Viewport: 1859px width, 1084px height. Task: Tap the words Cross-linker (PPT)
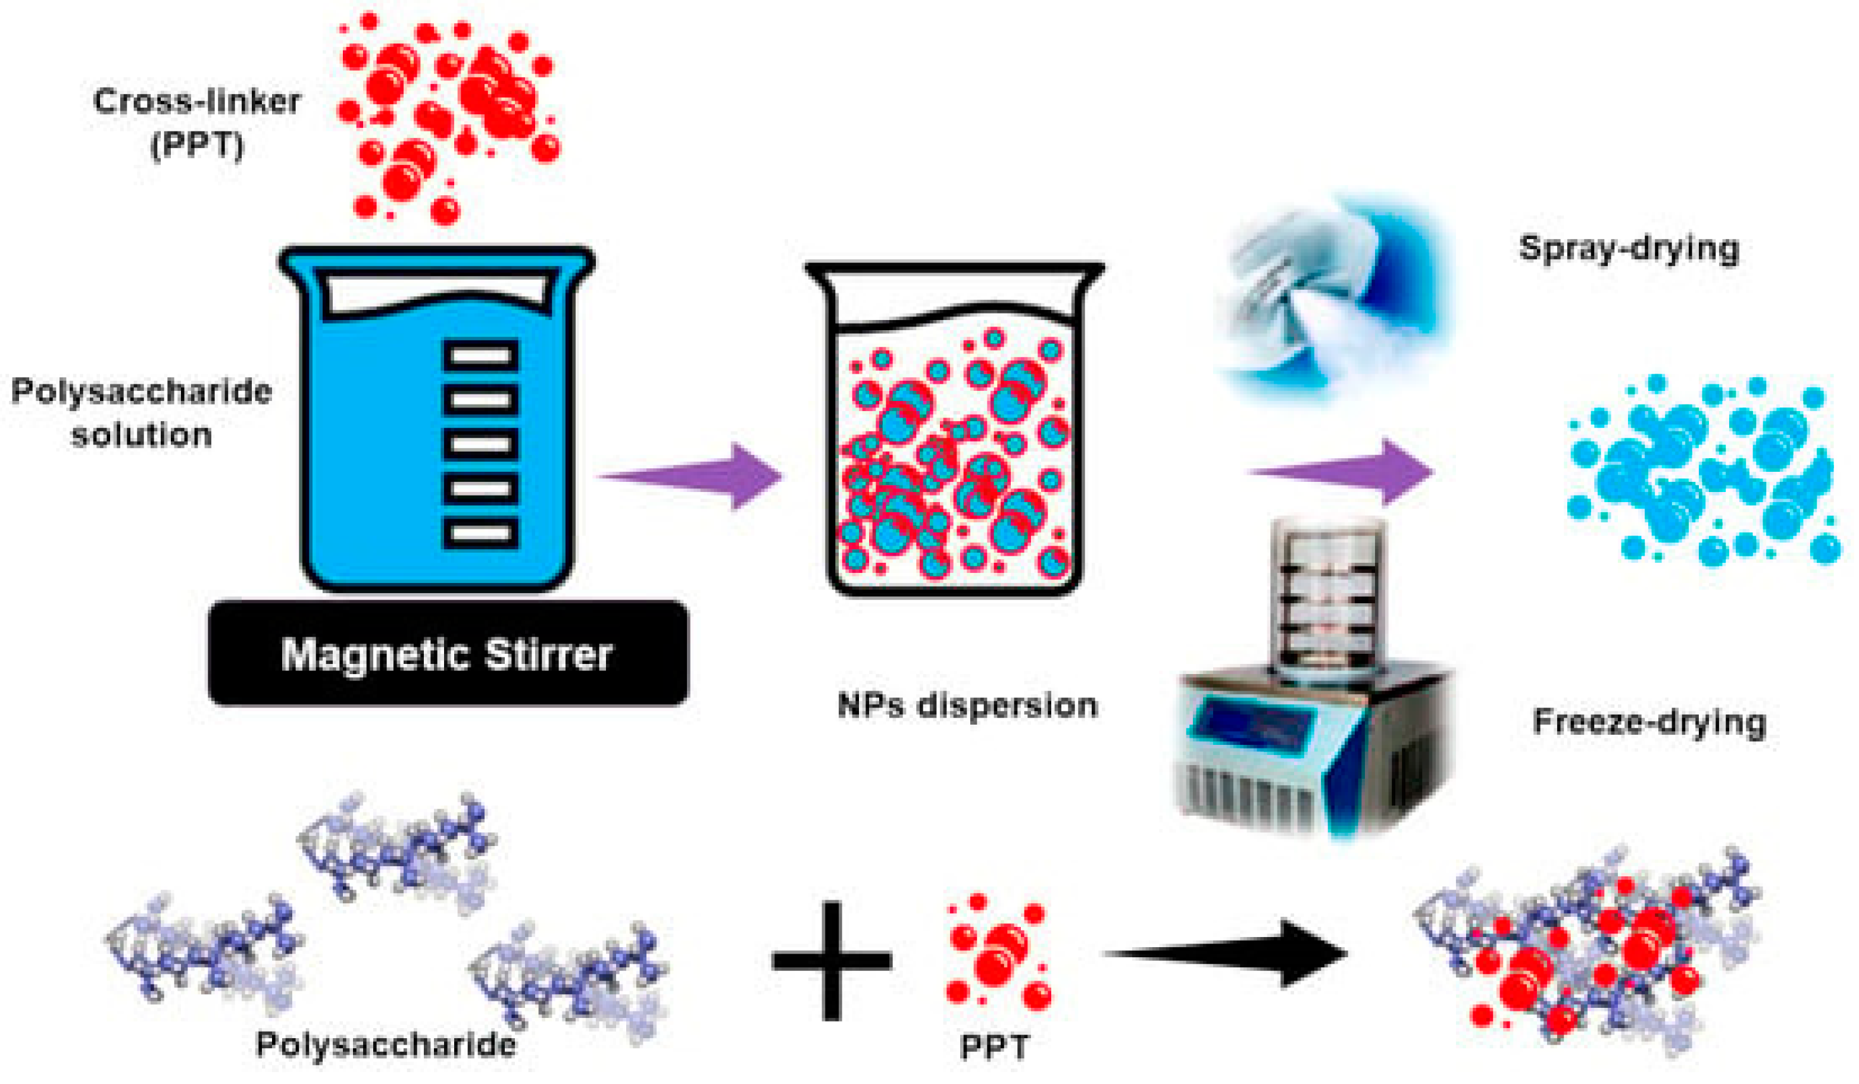tap(197, 123)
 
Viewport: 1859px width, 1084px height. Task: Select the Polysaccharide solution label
tap(142, 413)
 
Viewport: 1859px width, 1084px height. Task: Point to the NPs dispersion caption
tap(967, 706)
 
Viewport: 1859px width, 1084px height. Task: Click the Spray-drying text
tap(1629, 249)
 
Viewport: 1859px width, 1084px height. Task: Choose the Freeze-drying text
tap(1649, 721)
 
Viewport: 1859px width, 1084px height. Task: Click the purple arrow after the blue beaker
tap(693, 475)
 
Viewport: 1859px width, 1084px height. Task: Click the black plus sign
tap(832, 960)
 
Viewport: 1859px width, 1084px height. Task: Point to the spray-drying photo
tap(1332, 299)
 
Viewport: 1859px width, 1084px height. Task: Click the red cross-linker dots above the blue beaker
tap(446, 118)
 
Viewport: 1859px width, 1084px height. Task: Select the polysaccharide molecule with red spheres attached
tap(1586, 951)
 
